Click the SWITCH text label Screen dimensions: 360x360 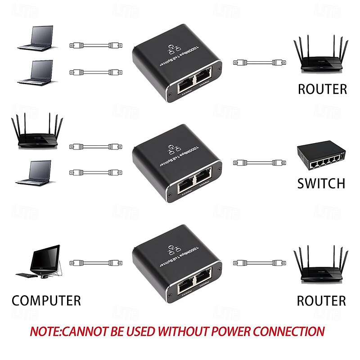[x=321, y=183]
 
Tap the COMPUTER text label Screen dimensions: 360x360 [x=46, y=300]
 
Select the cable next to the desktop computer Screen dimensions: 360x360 [x=94, y=262]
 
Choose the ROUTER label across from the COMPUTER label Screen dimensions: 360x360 [x=321, y=300]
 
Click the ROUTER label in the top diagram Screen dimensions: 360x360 [x=322, y=89]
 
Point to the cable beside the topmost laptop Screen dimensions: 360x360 [x=94, y=45]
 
